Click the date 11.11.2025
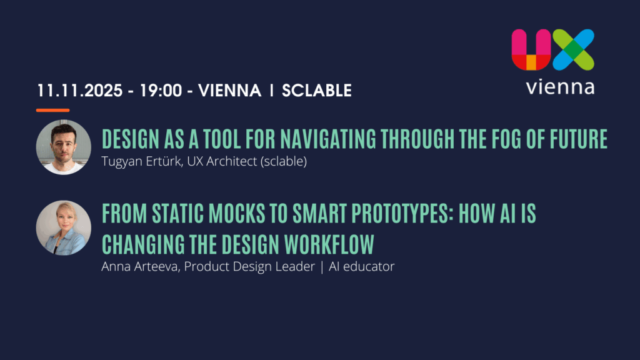[x=79, y=91]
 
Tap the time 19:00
[x=161, y=91]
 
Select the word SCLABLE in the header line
[x=317, y=91]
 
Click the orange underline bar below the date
[x=52, y=110]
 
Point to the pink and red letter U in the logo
[x=531, y=50]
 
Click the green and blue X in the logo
[x=574, y=50]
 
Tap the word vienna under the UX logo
[x=560, y=87]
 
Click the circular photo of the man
[x=63, y=147]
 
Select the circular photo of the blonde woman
[x=63, y=227]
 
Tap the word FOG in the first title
[x=506, y=139]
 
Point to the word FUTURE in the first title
[x=579, y=139]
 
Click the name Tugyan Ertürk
[x=141, y=161]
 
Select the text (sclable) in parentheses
[x=284, y=161]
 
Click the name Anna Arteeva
[x=141, y=266]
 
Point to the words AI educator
[x=362, y=266]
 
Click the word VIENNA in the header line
[x=230, y=91]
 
